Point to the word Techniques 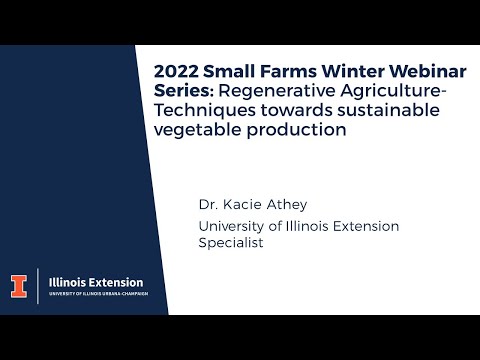[201, 110]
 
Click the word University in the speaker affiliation [233, 225]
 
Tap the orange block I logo [18, 285]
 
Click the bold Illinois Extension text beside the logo [96, 282]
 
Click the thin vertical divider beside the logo [38, 285]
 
